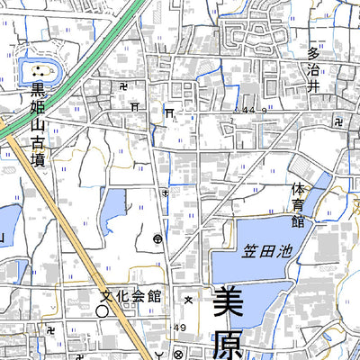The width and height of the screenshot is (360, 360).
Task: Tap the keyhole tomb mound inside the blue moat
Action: [38, 71]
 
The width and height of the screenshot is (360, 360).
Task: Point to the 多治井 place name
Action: [314, 71]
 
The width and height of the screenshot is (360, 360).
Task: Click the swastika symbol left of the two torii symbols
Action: [122, 85]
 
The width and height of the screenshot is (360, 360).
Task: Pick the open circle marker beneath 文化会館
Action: [103, 310]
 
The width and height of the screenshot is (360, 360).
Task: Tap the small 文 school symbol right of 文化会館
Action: [188, 298]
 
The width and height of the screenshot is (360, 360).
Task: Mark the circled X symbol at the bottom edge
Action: [178, 353]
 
